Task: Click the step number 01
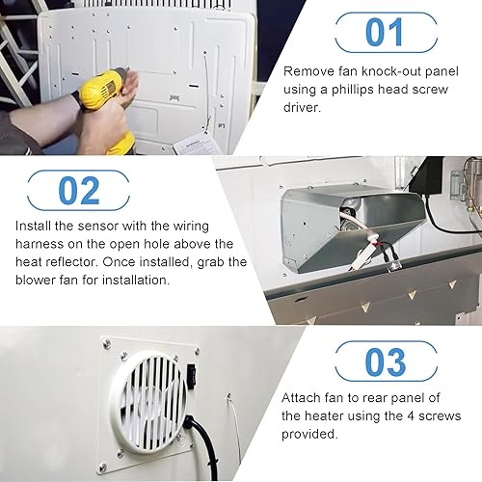click(384, 32)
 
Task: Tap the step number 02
click(78, 190)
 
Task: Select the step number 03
click(384, 361)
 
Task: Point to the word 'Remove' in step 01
click(307, 71)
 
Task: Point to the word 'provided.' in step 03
click(310, 434)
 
